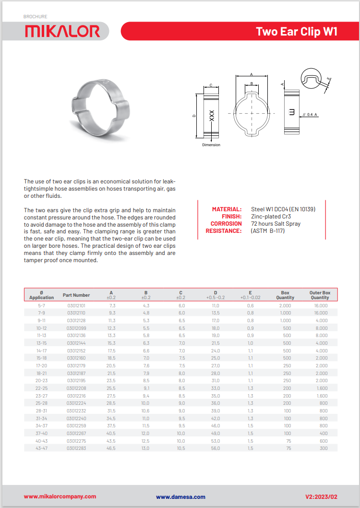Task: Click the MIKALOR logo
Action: pos(62,31)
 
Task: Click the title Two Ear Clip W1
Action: pos(297,32)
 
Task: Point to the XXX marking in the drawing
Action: pos(212,115)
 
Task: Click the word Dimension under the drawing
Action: pos(211,145)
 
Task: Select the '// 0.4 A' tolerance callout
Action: pos(310,114)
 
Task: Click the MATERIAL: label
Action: pos(227,209)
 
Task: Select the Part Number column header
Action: pos(76,295)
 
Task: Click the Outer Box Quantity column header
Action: pos(320,295)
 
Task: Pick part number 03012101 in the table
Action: pos(76,305)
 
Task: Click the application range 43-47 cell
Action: pos(41,448)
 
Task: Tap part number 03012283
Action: pos(76,448)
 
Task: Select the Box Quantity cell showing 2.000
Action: pos(285,305)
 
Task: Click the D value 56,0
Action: pos(216,448)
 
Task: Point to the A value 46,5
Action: pos(112,448)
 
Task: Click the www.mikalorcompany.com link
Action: pos(60,496)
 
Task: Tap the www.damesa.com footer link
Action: pos(180,497)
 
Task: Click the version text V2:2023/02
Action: pos(322,496)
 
